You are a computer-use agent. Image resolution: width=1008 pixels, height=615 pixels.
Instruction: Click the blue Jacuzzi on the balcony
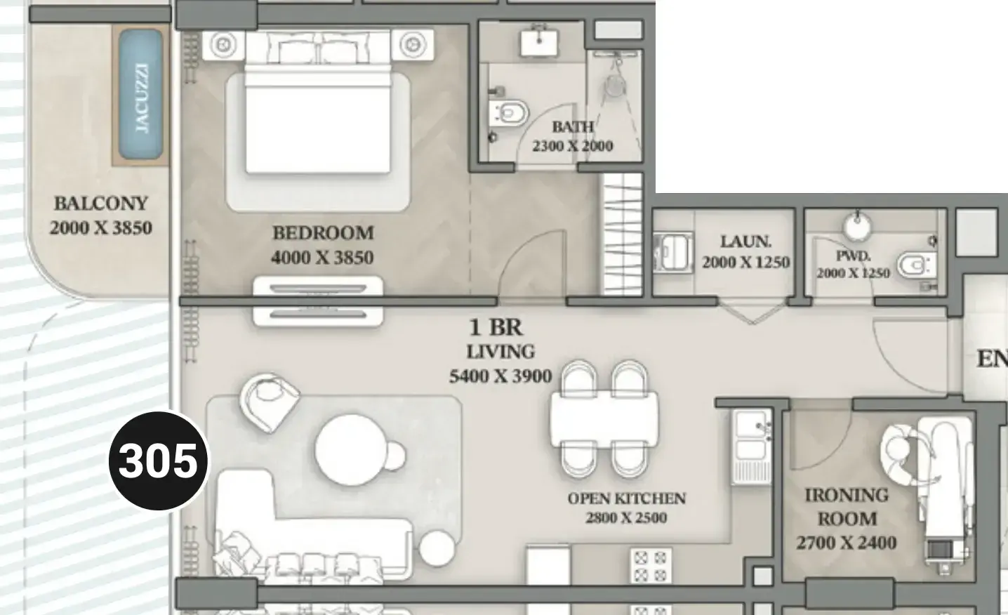click(141, 95)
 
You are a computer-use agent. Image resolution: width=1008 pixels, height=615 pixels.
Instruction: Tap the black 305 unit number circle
click(158, 461)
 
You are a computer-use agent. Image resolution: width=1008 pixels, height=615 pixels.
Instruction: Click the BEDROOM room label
click(323, 233)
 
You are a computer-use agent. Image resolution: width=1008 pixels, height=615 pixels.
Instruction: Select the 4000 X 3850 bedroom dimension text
click(322, 258)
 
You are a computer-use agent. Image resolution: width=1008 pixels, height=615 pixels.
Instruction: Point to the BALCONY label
click(101, 203)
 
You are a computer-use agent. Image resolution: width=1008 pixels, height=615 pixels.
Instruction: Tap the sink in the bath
click(539, 41)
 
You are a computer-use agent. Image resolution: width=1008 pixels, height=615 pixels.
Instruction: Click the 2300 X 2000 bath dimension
click(572, 146)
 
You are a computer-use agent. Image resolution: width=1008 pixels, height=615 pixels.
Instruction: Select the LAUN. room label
click(745, 242)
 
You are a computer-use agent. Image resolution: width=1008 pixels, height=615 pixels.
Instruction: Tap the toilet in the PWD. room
click(917, 265)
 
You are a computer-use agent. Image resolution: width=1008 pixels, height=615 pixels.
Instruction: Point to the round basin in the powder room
click(857, 227)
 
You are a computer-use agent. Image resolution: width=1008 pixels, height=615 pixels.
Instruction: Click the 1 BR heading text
click(496, 327)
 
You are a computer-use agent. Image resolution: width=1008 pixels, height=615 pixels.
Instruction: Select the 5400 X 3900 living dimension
click(500, 376)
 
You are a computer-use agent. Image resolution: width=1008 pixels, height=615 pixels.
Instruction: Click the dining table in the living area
click(604, 418)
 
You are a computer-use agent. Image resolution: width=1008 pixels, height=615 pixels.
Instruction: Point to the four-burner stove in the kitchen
click(651, 565)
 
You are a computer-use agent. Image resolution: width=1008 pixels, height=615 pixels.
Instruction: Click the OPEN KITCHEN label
click(626, 498)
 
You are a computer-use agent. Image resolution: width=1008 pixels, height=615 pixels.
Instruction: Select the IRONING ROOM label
click(847, 507)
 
